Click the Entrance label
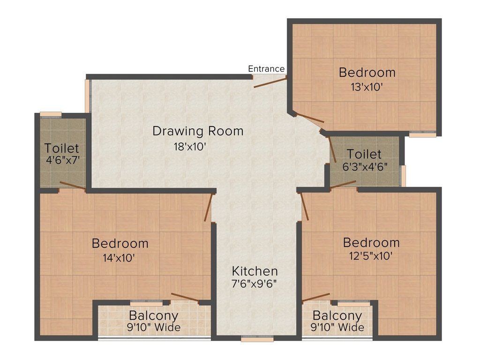(x=266, y=69)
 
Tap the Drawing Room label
(x=198, y=131)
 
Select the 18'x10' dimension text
(x=190, y=146)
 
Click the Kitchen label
(x=255, y=271)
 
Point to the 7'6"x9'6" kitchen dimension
(x=255, y=284)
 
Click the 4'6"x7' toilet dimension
(x=62, y=159)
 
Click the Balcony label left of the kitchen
(x=153, y=315)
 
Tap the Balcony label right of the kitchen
(x=337, y=315)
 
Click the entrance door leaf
(x=270, y=82)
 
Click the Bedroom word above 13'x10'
(x=367, y=73)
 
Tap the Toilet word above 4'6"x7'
(x=62, y=148)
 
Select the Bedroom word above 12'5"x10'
(x=371, y=242)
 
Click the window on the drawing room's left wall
(x=87, y=96)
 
